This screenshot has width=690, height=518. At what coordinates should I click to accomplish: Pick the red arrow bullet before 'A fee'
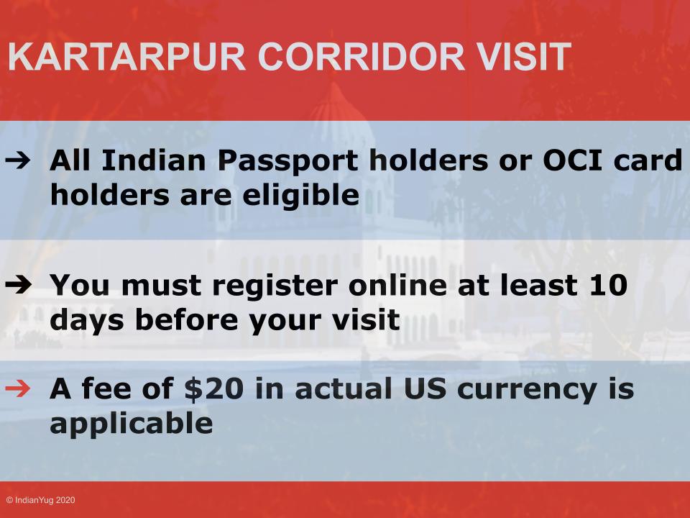click(x=24, y=390)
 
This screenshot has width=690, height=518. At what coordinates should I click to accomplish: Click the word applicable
click(x=131, y=424)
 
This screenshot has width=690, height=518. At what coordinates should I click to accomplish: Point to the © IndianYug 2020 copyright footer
click(x=40, y=499)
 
